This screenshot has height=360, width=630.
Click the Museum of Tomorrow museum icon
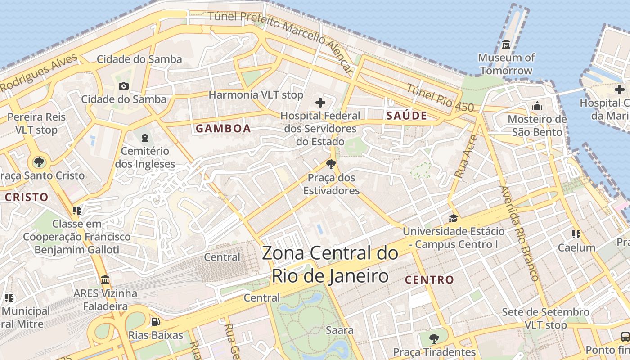click(x=506, y=45)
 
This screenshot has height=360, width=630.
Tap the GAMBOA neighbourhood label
click(x=223, y=129)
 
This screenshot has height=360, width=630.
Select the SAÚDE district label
click(x=407, y=116)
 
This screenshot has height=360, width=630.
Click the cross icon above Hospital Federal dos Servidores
click(x=320, y=103)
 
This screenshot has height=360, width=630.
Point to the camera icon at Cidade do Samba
click(x=124, y=86)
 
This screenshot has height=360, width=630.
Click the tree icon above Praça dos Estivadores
click(x=331, y=164)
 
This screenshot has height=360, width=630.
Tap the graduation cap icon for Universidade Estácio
click(x=453, y=218)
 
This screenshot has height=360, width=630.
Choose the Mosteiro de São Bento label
click(x=537, y=126)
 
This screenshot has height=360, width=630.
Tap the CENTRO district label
click(x=429, y=280)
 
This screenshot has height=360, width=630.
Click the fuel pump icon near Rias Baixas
click(x=155, y=322)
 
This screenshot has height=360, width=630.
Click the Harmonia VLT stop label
click(x=256, y=95)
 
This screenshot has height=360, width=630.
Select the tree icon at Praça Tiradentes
click(x=434, y=338)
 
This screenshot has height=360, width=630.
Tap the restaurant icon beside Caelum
click(x=576, y=234)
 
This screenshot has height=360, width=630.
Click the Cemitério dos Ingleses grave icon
click(x=144, y=137)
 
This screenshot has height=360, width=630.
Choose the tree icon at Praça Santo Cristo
click(x=39, y=162)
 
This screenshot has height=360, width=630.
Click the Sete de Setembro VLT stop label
click(x=545, y=318)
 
